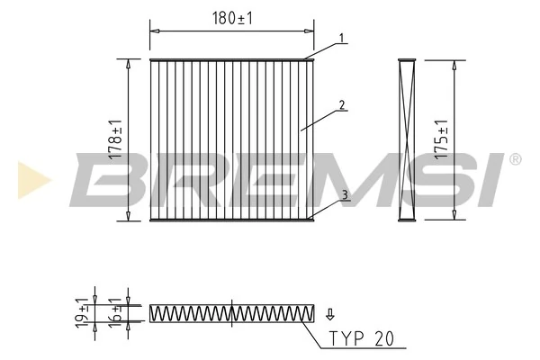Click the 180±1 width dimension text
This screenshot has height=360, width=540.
pos(232,17)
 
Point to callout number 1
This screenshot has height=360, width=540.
pos(343,38)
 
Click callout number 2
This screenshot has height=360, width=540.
pos(343,104)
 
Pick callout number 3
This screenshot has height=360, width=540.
pos(343,193)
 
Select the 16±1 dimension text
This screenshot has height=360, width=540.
pos(114,312)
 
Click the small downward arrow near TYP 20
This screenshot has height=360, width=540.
pos(330,313)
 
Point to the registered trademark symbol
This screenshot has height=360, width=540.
pos(515,159)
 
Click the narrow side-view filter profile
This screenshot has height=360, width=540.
pos(404,139)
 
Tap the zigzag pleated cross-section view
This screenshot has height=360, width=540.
pos(231,313)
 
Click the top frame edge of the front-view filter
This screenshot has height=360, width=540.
pos(231,61)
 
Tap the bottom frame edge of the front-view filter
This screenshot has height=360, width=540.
pos(231,219)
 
